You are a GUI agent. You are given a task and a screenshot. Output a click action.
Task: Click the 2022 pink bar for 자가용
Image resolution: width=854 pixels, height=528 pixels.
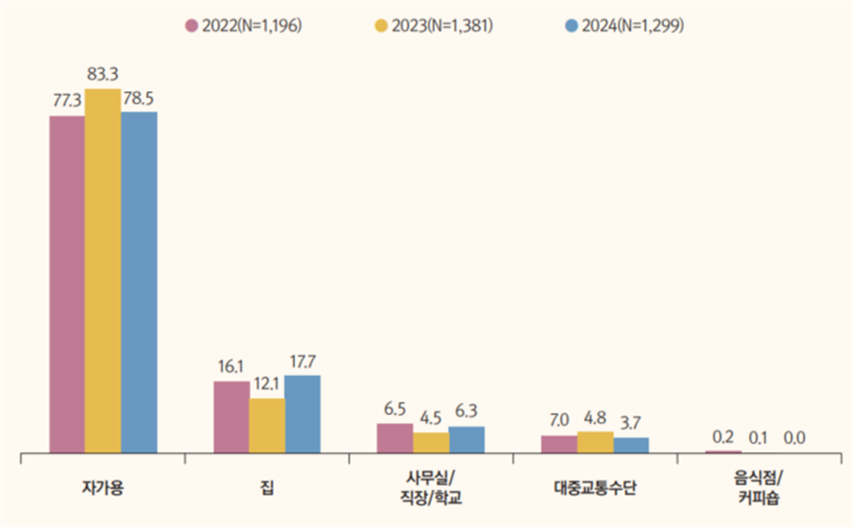tap(67, 284)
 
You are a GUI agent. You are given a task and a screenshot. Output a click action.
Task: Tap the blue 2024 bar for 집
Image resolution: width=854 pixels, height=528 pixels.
tap(302, 413)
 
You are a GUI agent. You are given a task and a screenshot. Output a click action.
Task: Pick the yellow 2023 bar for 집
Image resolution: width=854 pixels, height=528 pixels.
tap(266, 425)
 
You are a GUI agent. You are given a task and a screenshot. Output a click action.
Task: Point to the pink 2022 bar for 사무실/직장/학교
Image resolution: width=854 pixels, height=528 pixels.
tap(394, 438)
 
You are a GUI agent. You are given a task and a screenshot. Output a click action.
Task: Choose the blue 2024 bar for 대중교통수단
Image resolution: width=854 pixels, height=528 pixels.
tap(630, 444)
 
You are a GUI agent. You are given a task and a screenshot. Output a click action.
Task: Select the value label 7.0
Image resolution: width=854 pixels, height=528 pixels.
tap(558, 420)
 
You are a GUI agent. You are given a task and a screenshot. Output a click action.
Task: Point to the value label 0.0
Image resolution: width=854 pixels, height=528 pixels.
tap(795, 438)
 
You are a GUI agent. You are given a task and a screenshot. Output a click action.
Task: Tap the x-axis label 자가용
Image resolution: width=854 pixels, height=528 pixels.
tap(102, 486)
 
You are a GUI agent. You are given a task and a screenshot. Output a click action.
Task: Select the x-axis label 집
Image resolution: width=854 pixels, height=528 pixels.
tap(266, 486)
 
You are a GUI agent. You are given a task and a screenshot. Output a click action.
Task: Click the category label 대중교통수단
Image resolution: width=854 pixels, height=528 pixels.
tap(594, 486)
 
